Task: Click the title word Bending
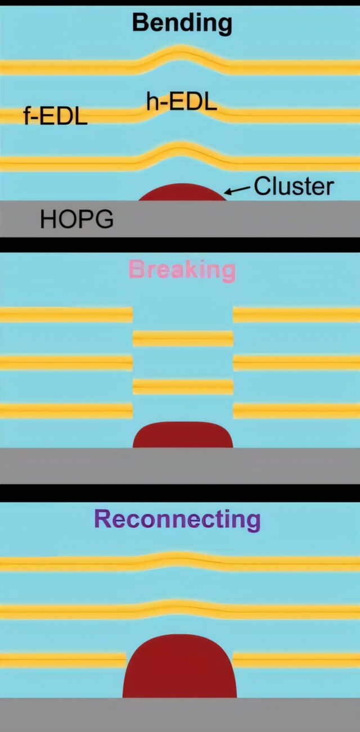pos(181,23)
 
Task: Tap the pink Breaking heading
pos(181,270)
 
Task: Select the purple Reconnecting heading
pos(177,519)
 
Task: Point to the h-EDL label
pos(182,103)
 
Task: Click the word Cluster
pos(294,186)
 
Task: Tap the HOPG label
pos(76,219)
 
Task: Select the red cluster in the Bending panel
pos(182,193)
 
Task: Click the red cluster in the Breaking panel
pos(183,435)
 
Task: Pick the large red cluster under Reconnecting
pos(179,668)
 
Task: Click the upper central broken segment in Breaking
pos(183,338)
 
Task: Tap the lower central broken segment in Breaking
pos(183,387)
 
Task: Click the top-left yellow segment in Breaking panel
pos(66,314)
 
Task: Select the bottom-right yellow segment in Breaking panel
pos(296,410)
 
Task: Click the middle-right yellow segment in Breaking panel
pos(296,363)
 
